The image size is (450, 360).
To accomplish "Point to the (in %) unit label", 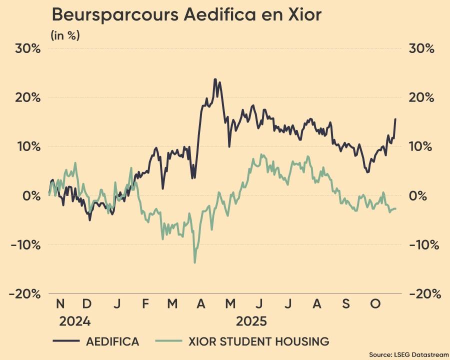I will [65, 35].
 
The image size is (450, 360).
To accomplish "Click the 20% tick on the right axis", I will [421, 97].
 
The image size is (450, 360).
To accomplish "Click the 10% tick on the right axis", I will [421, 146].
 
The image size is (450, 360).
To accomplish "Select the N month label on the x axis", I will [60, 303].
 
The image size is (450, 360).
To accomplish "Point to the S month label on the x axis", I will [346, 303].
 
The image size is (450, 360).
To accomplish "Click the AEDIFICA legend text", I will [112, 342].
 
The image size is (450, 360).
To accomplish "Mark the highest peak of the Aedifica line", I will [215, 79].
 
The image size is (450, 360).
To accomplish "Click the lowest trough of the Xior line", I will [194, 262].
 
